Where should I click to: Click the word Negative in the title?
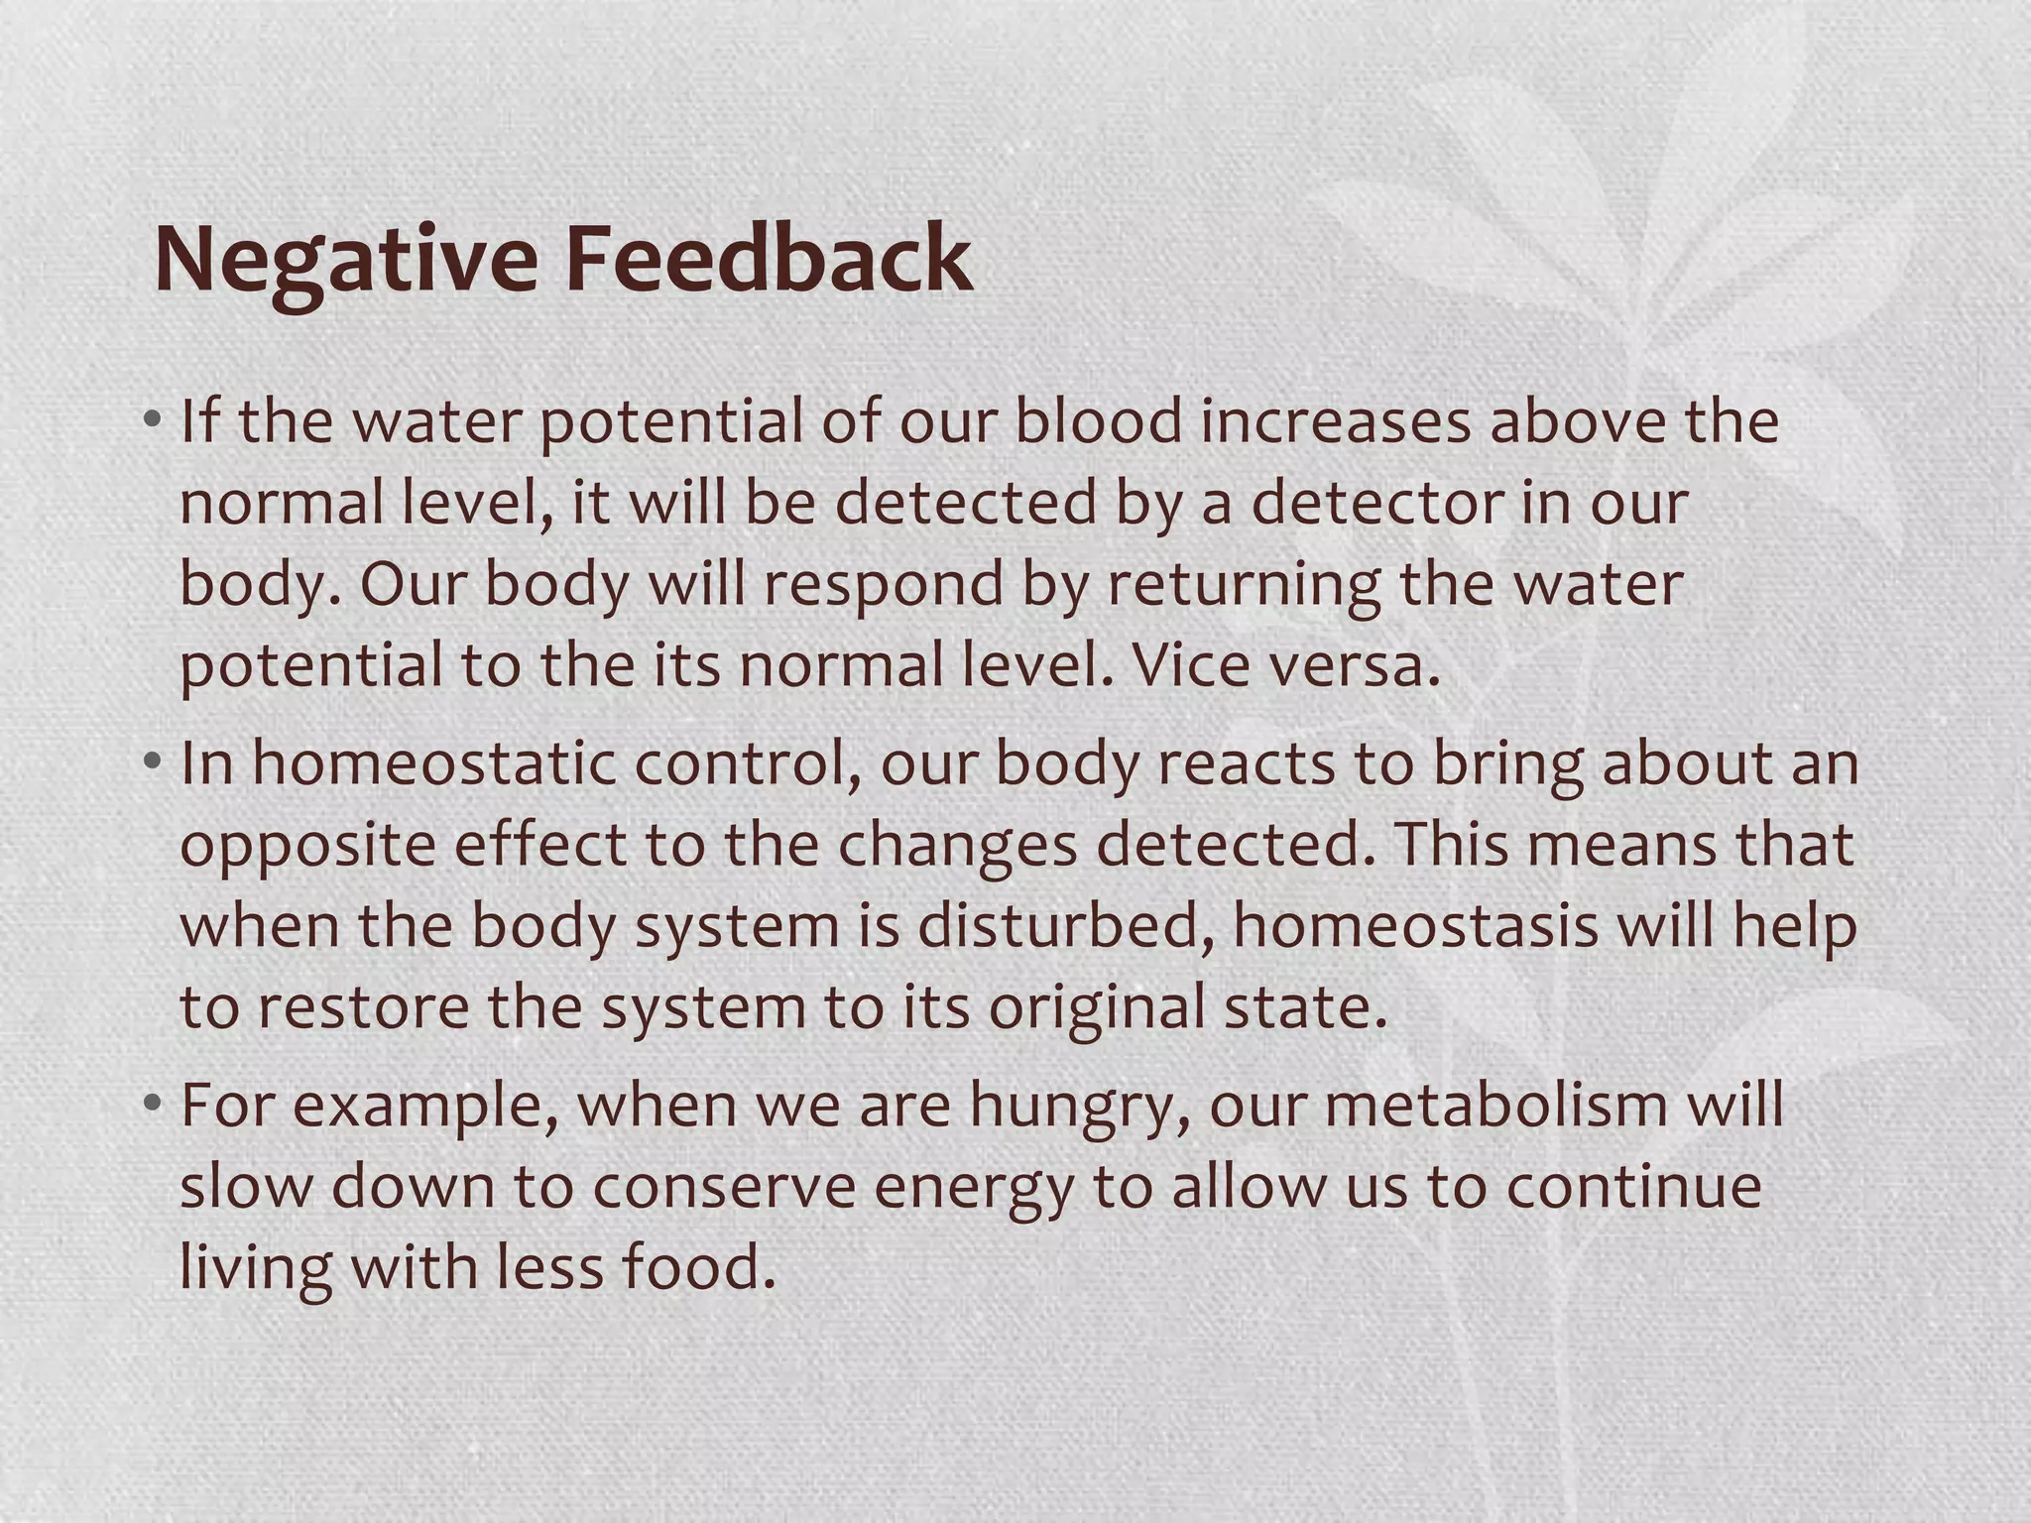pos(346,260)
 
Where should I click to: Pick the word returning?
pos(1244,585)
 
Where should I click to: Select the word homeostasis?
pos(1415,926)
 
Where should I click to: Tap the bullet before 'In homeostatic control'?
pos(151,763)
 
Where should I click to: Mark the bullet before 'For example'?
pos(151,1105)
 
